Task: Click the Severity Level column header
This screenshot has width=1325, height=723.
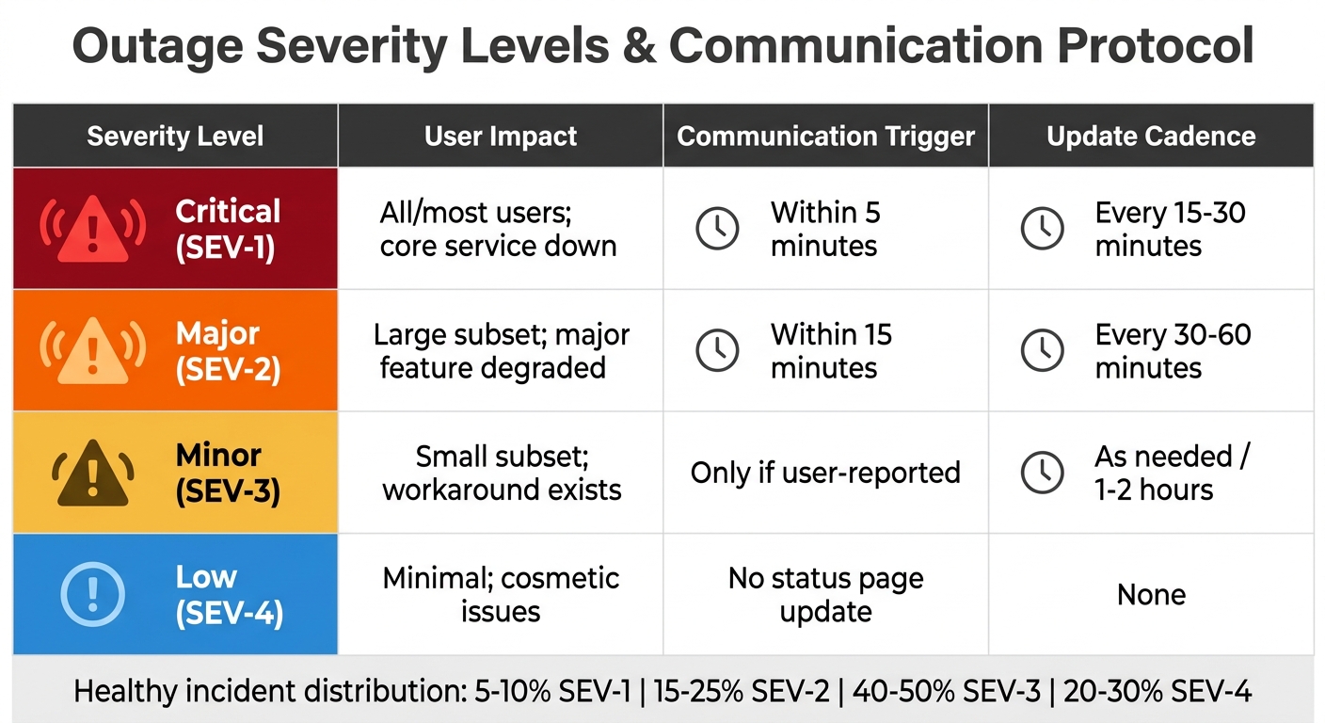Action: click(x=175, y=136)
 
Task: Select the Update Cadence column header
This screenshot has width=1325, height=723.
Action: click(x=1151, y=136)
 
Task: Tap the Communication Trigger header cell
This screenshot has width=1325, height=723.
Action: click(x=825, y=136)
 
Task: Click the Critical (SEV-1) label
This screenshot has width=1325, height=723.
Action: click(x=228, y=229)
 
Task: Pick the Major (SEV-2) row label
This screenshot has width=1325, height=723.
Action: click(x=228, y=351)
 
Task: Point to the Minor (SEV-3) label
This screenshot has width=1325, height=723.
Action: click(x=228, y=473)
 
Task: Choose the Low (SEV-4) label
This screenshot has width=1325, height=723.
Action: click(x=229, y=595)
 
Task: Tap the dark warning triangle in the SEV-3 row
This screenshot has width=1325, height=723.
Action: click(x=92, y=473)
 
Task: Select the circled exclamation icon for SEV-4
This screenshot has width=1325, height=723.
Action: click(x=92, y=594)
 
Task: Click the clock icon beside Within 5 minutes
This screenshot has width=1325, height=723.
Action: click(x=717, y=229)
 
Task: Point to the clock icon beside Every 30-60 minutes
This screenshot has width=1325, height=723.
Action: click(x=1043, y=350)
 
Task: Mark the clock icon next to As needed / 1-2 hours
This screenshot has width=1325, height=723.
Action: click(x=1043, y=473)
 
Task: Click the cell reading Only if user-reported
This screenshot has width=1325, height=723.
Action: click(x=825, y=473)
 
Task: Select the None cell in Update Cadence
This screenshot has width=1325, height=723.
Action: click(x=1151, y=595)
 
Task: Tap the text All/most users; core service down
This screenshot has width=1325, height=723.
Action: click(x=499, y=229)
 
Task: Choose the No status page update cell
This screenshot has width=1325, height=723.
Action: click(x=825, y=595)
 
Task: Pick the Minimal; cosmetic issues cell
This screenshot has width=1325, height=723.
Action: click(x=501, y=595)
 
